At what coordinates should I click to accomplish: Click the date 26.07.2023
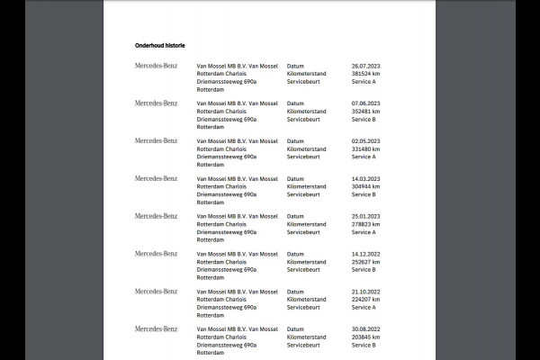pos(366,66)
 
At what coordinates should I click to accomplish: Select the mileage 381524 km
pos(366,73)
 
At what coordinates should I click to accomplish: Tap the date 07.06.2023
pos(366,103)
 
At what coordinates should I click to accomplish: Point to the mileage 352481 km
pos(366,111)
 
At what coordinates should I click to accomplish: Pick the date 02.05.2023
pos(366,141)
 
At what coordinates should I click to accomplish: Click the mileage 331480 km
pos(366,148)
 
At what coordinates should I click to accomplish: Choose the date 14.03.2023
pos(366,178)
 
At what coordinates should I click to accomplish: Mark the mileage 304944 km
pos(366,186)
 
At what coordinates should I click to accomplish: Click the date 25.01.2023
pos(366,216)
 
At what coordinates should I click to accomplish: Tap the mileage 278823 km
pos(366,224)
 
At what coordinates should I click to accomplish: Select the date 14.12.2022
pos(366,254)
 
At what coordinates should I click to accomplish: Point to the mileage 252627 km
pos(366,262)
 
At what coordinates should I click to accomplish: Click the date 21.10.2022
pos(366,292)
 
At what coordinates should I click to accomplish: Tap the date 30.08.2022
pos(366,329)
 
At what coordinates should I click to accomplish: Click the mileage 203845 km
pos(366,337)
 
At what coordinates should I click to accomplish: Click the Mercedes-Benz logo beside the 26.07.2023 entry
pos(157,66)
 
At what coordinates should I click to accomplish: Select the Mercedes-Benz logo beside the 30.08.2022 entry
pos(157,329)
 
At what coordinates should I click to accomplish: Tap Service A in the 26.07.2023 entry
pos(364,81)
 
